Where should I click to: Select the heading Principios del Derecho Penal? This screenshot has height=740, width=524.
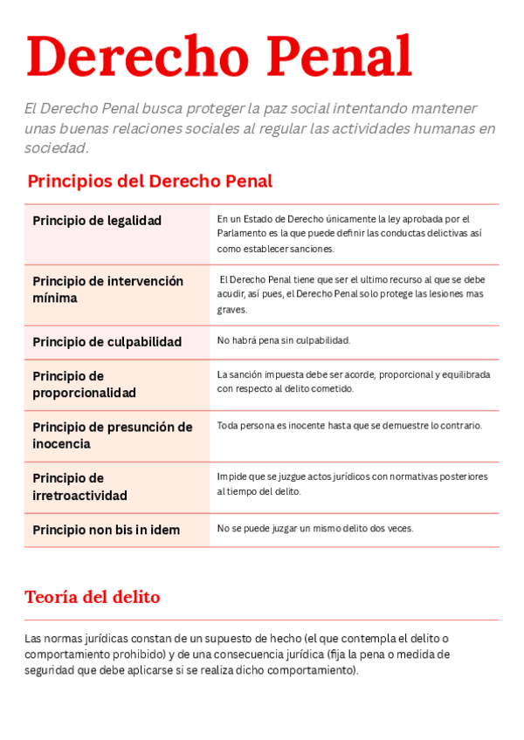149,182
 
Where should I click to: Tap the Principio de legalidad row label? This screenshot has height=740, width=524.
97,221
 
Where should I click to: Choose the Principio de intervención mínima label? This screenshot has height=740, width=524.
107,290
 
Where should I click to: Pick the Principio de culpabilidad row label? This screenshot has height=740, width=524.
107,342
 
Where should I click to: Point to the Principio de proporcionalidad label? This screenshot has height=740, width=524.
84,385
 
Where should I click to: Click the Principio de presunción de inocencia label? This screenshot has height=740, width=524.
112,435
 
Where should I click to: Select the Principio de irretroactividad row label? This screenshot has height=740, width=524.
79,487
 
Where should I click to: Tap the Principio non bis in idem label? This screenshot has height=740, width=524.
106,531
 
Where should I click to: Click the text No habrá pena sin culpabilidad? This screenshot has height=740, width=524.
283,340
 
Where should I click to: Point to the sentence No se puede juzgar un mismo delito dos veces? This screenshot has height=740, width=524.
315,529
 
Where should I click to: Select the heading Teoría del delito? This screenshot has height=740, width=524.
92,598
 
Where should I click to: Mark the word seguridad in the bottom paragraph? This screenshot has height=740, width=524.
52,671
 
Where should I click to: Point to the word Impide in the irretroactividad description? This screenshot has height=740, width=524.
231,477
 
